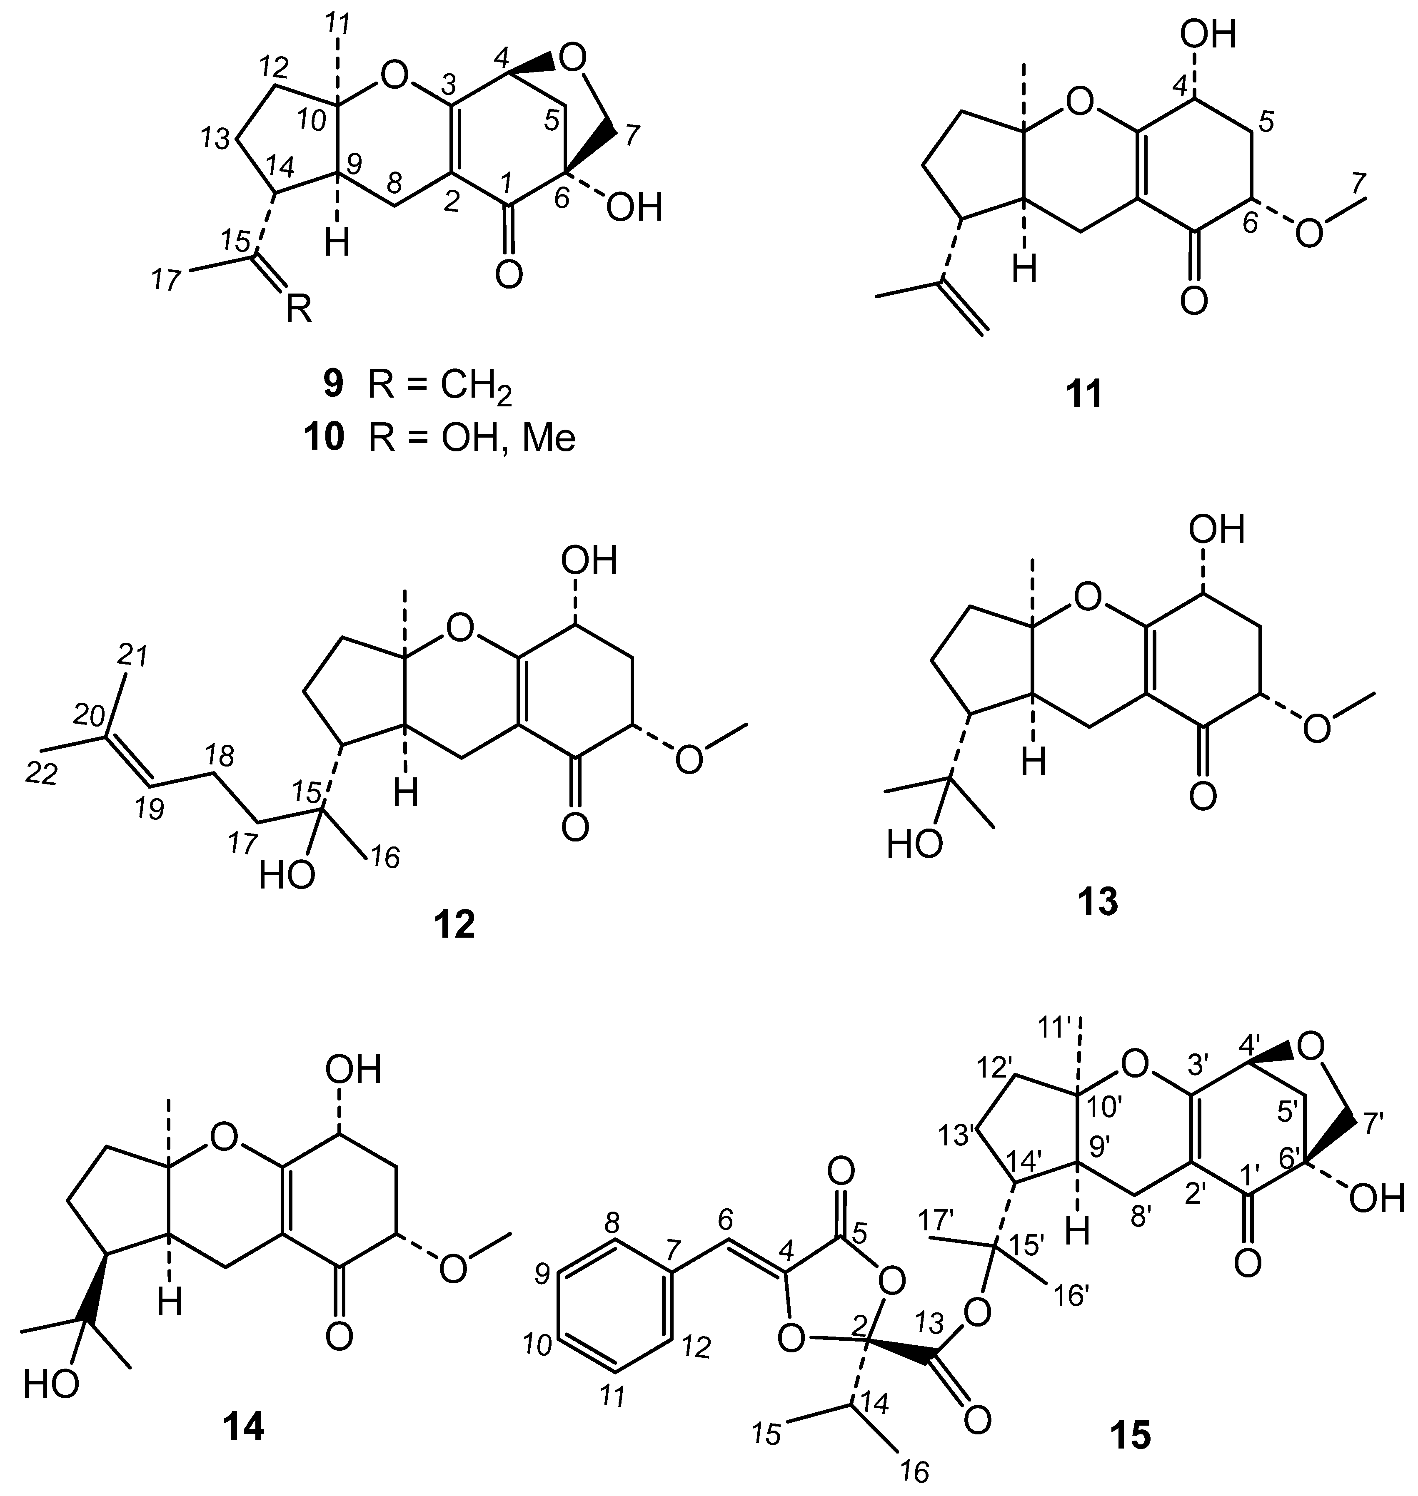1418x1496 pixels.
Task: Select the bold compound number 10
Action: [324, 438]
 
